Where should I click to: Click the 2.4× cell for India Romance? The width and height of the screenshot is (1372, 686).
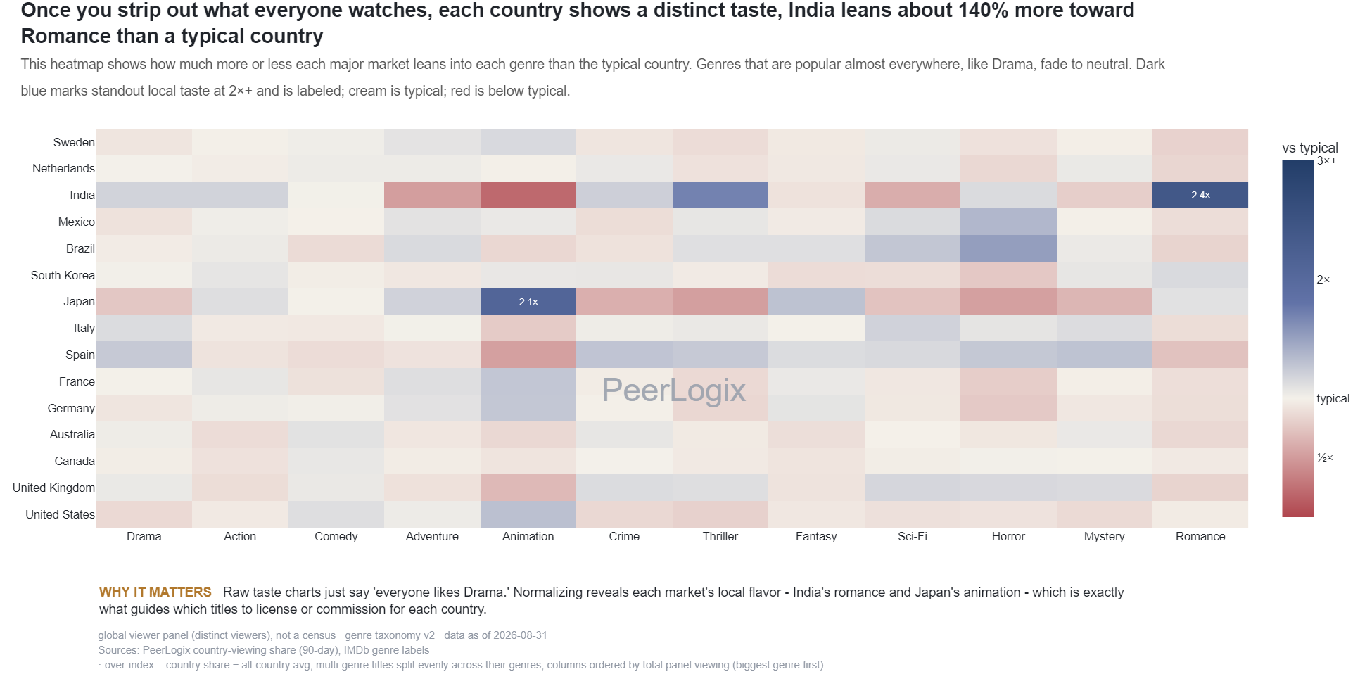point(1200,195)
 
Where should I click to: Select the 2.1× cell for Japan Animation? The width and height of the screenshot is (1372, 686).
point(528,302)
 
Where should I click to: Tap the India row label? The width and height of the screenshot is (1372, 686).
point(82,195)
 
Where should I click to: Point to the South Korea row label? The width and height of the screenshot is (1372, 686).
point(63,275)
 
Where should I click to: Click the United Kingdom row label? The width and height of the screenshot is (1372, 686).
point(53,488)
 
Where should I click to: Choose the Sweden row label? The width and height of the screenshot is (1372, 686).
point(74,142)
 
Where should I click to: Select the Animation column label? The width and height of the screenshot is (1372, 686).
point(528,536)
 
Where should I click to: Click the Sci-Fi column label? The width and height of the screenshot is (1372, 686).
point(913,536)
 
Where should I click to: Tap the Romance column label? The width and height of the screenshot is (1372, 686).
point(1200,536)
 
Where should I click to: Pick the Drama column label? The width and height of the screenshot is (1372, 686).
point(144,536)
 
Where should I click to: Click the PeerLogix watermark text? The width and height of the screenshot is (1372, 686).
point(673,390)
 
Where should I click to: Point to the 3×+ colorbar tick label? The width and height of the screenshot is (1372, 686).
point(1327,160)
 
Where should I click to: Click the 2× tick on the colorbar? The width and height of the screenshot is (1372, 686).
point(1323,279)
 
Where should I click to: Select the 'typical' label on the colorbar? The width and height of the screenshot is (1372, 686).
point(1333,398)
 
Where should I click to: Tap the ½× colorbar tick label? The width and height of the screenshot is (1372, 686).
point(1325,458)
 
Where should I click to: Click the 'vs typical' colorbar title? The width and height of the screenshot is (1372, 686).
point(1310,148)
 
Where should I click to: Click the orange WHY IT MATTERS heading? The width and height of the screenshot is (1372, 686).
point(155,592)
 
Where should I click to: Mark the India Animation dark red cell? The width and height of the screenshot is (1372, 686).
point(528,195)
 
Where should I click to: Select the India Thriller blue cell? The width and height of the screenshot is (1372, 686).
point(720,195)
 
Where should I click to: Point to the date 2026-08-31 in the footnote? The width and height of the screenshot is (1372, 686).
point(520,635)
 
